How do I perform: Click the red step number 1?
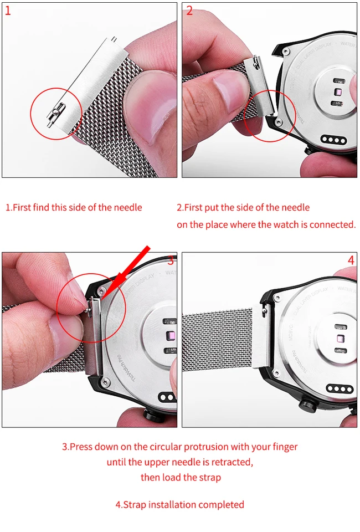click(8, 11)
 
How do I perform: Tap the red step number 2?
click(189, 11)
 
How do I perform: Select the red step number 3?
click(171, 261)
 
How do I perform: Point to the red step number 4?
click(351, 260)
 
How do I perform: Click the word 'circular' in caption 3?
click(164, 447)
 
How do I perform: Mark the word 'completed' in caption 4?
click(221, 504)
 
